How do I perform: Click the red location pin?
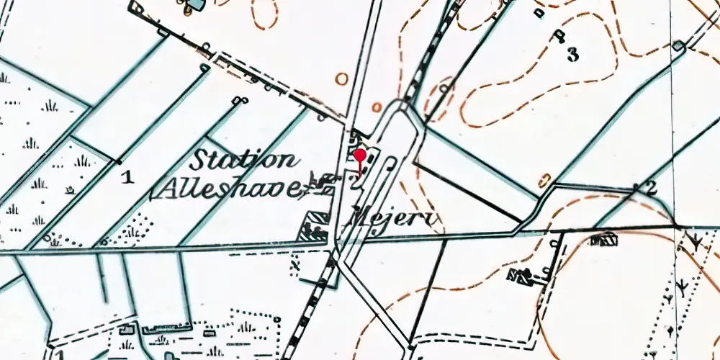click(x=359, y=156)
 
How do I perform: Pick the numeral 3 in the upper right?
click(x=572, y=54)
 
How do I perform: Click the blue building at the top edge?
click(x=193, y=5)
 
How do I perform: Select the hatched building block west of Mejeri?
click(x=315, y=225)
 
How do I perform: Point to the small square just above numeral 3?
click(x=557, y=34)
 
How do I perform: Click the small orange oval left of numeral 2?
click(x=545, y=179)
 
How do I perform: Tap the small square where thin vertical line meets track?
click(x=678, y=46)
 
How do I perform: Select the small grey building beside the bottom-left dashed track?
click(x=127, y=330)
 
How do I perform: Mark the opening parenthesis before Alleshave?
click(x=153, y=192)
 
